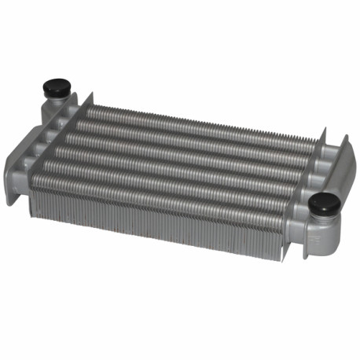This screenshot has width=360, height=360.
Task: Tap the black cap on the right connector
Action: point(324,204)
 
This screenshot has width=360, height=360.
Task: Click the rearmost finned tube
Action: point(200,123)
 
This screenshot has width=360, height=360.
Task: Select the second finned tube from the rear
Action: point(197,135)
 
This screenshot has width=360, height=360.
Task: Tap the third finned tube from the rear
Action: point(193,147)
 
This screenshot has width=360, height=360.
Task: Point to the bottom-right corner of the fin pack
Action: point(280,256)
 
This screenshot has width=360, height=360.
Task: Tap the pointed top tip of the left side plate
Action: point(92,95)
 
